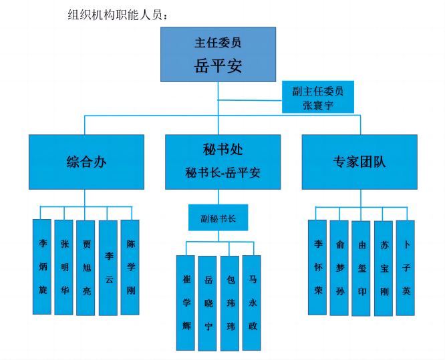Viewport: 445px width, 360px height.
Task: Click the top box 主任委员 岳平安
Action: (218, 54)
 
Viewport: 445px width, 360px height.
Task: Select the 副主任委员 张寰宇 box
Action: (317, 97)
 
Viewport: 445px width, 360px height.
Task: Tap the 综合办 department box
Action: (86, 162)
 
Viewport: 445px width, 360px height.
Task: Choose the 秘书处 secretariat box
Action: (223, 162)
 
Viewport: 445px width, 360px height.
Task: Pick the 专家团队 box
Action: (359, 162)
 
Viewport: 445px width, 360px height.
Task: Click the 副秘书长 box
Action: (218, 218)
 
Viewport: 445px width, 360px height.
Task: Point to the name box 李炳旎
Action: (43, 266)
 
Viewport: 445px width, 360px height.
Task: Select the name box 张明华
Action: (64, 266)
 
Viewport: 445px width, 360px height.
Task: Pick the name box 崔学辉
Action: (186, 303)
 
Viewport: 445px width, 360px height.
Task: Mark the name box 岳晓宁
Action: (208, 303)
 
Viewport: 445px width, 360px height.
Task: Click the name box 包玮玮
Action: (230, 303)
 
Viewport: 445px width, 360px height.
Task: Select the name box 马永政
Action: (252, 303)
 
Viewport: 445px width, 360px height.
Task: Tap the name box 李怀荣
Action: (317, 267)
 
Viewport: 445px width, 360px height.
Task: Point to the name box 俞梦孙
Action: (339, 267)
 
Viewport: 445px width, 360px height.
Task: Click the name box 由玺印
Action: (361, 268)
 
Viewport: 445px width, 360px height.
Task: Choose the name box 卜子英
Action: (406, 268)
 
